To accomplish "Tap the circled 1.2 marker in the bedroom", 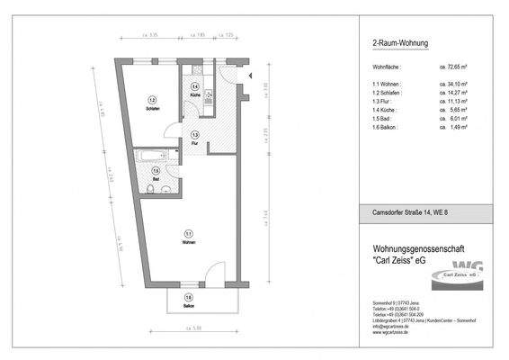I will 153,100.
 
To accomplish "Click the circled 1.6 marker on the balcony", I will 188,298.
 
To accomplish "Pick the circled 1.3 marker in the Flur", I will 194,134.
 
